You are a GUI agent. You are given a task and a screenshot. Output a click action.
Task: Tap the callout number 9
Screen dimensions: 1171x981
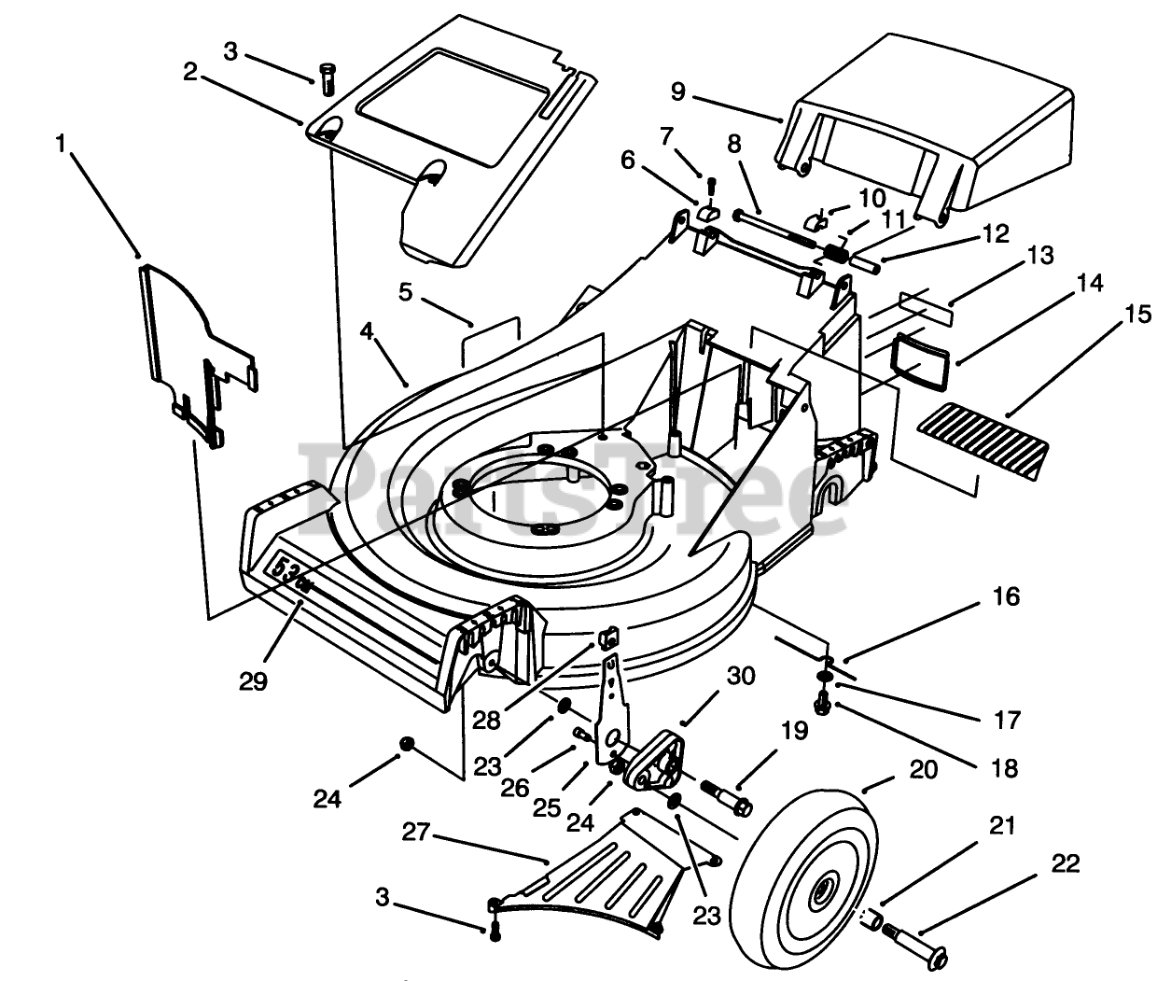coord(678,91)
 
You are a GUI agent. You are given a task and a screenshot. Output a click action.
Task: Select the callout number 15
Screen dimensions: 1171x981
coord(1137,315)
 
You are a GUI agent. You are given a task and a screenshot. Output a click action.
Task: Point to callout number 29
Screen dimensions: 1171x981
coord(253,681)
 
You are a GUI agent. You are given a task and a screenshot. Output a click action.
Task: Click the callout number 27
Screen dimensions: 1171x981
coord(415,832)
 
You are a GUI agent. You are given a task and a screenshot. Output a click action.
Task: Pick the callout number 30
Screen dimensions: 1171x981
coord(740,676)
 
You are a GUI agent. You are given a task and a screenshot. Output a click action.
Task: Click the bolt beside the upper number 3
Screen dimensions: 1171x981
coord(327,79)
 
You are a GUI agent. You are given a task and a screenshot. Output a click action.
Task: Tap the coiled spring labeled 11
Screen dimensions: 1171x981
coord(836,256)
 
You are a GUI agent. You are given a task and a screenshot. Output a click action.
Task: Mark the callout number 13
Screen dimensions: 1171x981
coord(1041,256)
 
